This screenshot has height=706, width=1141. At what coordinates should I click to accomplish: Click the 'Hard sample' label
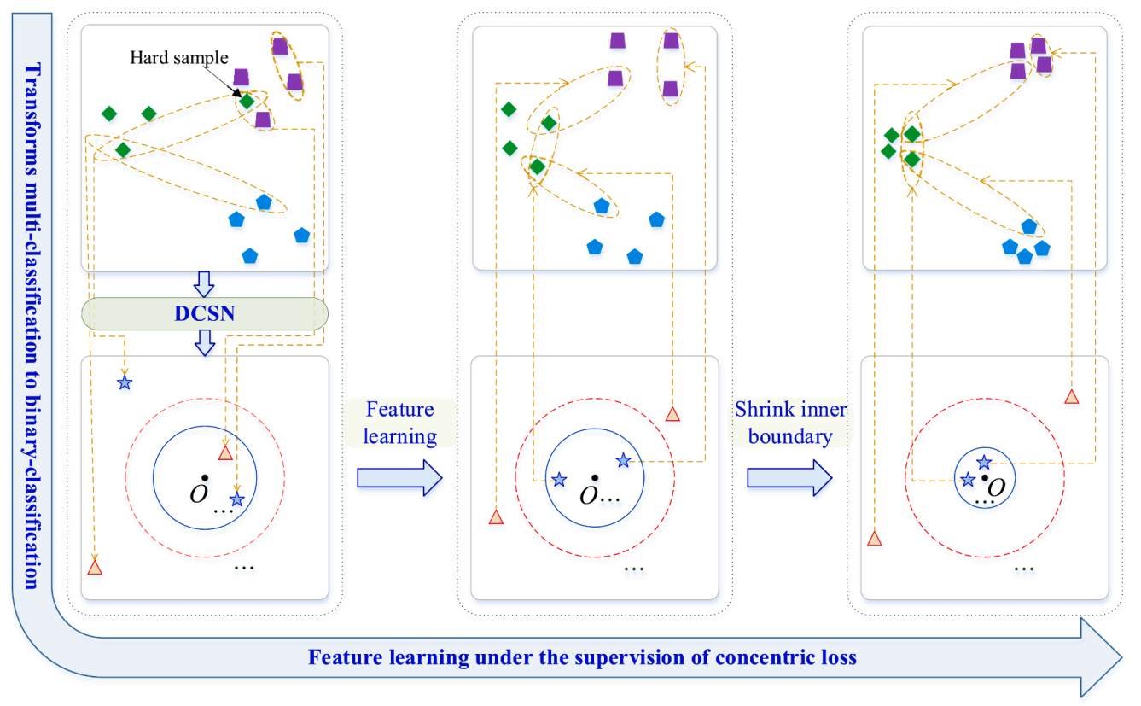pos(179,57)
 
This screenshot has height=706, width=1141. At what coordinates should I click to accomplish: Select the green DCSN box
pos(205,313)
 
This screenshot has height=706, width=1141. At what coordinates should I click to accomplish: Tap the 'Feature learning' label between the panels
pos(400,423)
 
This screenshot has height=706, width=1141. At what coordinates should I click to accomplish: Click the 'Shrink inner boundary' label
pos(790,423)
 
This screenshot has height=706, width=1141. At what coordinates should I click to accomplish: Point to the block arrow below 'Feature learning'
pos(400,478)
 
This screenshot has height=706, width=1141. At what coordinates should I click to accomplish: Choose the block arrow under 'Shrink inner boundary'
pos(789,478)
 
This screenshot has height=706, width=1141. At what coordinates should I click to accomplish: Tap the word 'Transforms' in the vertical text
pos(32,120)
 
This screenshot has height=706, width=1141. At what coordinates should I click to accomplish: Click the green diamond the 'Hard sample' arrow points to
pos(247,102)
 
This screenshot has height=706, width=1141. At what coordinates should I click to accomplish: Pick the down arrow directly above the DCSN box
pos(204,283)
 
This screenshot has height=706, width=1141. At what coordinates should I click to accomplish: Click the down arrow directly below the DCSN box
pos(205,343)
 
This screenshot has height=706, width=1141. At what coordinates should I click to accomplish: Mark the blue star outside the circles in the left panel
pos(125,382)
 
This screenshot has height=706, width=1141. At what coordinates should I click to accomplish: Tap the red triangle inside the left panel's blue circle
pos(225,452)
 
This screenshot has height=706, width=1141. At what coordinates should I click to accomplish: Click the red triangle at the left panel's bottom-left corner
pos(95,567)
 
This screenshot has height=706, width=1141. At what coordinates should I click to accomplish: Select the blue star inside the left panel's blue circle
pos(237,499)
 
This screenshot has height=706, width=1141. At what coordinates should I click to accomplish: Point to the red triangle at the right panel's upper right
pos(1072,396)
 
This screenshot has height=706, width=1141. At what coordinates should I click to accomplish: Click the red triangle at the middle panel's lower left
pos(496,517)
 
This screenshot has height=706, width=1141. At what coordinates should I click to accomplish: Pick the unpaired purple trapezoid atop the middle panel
pos(618,41)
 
